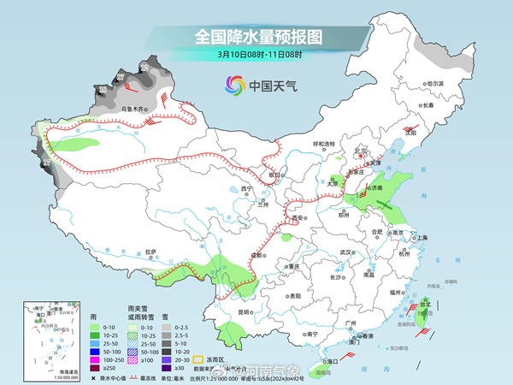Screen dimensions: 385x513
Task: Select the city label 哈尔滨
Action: click(x=436, y=84)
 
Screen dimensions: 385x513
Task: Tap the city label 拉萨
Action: click(x=150, y=252)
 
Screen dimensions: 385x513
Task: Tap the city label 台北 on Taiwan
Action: click(x=425, y=303)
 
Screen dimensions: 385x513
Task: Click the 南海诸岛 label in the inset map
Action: click(x=36, y=372)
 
